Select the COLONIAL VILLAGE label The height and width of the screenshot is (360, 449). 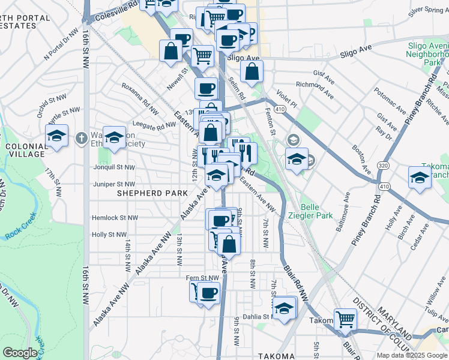(x=24, y=150)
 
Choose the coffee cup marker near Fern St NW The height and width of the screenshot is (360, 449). (x=208, y=293)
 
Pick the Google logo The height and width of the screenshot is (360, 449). (x=20, y=353)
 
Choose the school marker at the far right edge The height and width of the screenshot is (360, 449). (x=420, y=177)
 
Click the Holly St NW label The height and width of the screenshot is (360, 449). (x=109, y=235)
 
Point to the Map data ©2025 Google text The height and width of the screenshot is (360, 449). (x=411, y=355)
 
